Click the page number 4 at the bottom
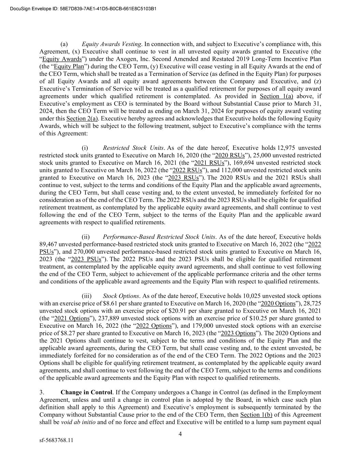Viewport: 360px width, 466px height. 180,434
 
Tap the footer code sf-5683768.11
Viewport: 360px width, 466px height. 56,440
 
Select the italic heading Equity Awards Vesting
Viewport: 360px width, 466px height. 112,44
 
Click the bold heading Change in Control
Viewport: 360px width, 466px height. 87,392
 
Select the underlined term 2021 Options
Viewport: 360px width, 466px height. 70,319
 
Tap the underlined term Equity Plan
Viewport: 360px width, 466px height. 69,67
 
